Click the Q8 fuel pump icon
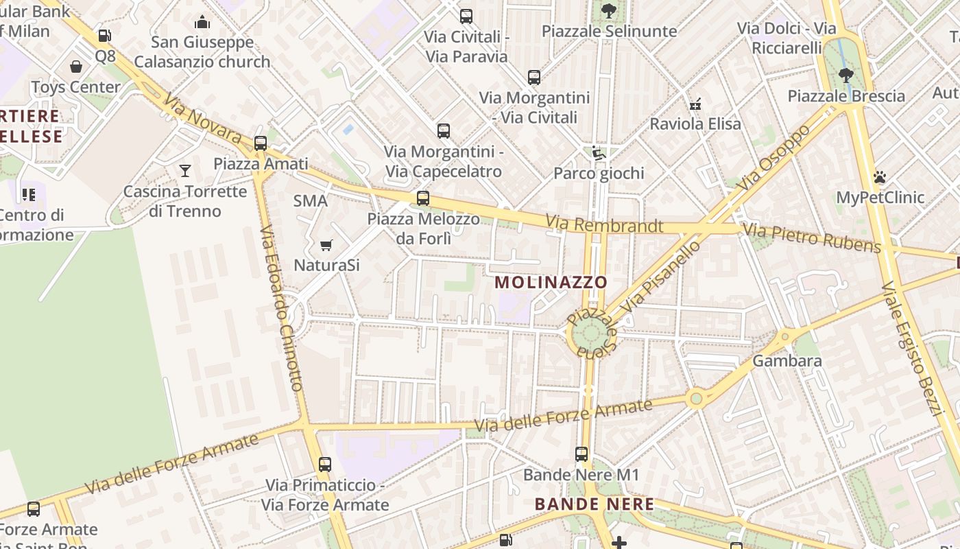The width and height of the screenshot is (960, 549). point(104,36)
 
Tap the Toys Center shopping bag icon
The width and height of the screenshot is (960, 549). point(76,67)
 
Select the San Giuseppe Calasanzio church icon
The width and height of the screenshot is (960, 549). point(202,23)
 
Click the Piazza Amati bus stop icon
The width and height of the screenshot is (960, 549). point(261,143)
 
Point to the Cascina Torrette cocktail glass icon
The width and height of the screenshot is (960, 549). point(184,170)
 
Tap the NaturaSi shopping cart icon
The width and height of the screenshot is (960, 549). point(326,245)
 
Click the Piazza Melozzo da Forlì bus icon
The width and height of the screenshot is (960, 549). point(423,198)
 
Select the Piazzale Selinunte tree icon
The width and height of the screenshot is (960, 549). point(608,11)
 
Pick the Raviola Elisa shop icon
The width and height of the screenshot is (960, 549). point(695,104)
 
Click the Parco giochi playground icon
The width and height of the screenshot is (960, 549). point(599,153)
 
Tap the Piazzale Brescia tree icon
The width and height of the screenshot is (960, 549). point(846,75)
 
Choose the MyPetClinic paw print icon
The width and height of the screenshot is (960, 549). point(880,177)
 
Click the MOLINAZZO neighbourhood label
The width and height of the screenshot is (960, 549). point(551,282)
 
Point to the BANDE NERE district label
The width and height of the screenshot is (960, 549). point(595,504)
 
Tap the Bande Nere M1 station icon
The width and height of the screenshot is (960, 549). point(581,454)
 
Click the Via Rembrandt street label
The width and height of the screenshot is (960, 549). point(605,225)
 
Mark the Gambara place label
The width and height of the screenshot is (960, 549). point(787,360)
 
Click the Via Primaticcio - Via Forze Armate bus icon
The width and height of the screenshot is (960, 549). point(325,464)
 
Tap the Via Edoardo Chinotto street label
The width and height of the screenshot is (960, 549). point(281,309)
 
